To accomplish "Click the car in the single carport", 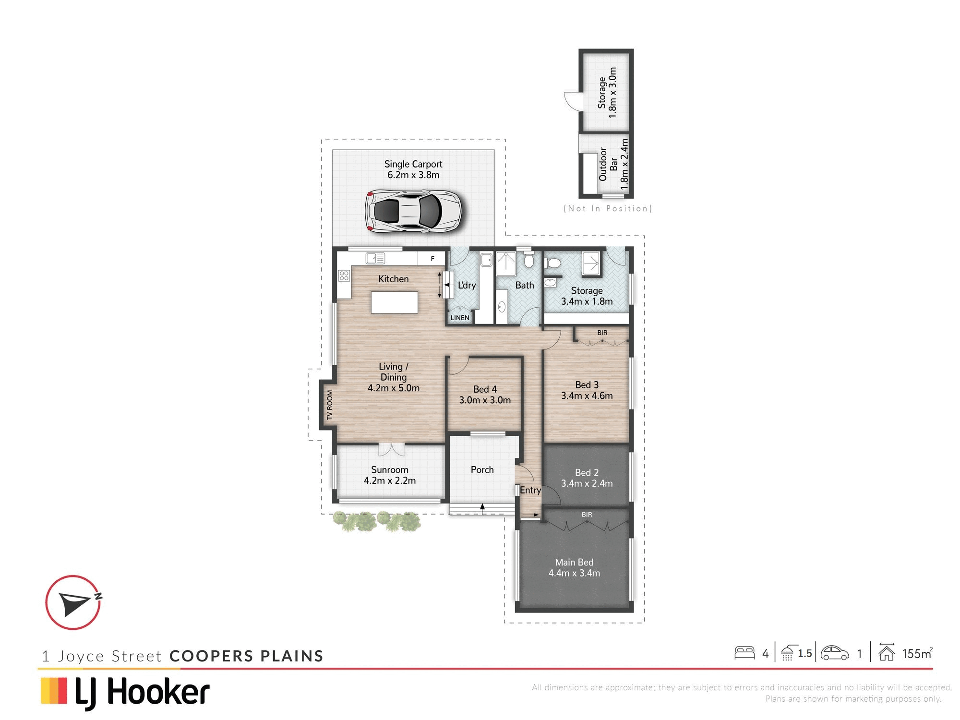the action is (x=413, y=211).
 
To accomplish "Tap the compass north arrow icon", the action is (x=73, y=602).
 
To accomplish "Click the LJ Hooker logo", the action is (x=125, y=693).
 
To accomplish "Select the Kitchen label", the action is (x=394, y=279).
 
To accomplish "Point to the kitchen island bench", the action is (x=395, y=302).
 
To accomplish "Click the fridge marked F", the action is (x=432, y=259).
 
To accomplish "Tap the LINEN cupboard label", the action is (x=460, y=318).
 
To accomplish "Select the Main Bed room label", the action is (x=574, y=562).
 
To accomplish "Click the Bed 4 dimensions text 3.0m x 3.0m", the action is (x=485, y=400).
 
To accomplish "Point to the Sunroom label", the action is (x=390, y=470).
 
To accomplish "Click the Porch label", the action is (x=482, y=470).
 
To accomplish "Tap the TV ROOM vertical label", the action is (x=330, y=405).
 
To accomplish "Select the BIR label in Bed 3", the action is (x=602, y=333).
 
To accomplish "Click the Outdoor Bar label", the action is (x=608, y=165).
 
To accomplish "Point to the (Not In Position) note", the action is (x=608, y=208).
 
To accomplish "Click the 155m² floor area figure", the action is (x=917, y=653).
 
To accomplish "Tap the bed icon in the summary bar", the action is (x=744, y=653).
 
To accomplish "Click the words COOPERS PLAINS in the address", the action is (x=247, y=656).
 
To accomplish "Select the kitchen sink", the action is (x=375, y=258).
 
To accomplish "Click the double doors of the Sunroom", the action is (x=392, y=449).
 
